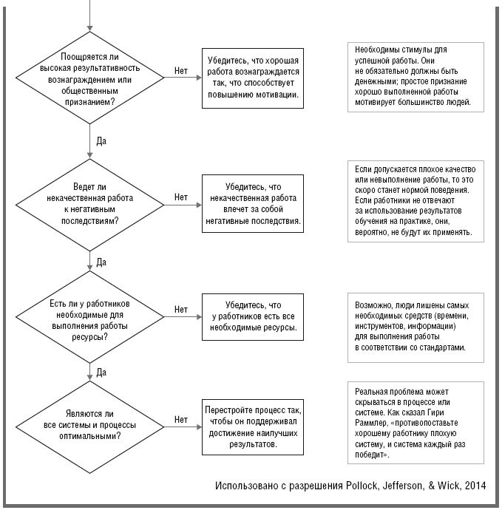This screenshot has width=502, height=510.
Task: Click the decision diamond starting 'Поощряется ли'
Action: click(89, 78)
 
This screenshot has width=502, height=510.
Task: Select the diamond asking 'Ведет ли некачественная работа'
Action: click(89, 205)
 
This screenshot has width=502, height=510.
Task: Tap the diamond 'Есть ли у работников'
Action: click(89, 317)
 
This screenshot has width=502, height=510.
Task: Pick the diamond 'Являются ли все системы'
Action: click(89, 426)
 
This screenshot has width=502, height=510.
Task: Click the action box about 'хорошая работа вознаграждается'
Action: click(253, 78)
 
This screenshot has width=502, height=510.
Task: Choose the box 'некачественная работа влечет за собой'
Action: click(253, 203)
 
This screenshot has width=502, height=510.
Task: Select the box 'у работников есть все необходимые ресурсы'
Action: click(253, 317)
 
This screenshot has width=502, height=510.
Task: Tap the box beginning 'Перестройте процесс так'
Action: click(253, 426)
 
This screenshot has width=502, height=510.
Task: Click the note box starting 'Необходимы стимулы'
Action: click(415, 77)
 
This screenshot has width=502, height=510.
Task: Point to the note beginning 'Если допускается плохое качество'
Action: click(415, 201)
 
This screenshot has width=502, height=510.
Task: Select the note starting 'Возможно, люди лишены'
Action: click(415, 327)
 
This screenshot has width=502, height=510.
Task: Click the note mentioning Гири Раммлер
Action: click(415, 423)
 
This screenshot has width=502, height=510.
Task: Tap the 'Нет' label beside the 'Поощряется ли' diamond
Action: click(181, 70)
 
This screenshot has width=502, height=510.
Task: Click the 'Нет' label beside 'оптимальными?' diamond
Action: click(181, 420)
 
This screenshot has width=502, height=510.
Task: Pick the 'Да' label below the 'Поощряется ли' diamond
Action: click(101, 141)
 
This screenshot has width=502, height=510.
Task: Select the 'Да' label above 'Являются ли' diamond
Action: click(101, 373)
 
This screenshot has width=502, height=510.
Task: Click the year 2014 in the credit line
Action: click(475, 486)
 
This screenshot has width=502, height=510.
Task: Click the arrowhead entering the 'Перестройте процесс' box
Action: click(199, 426)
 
